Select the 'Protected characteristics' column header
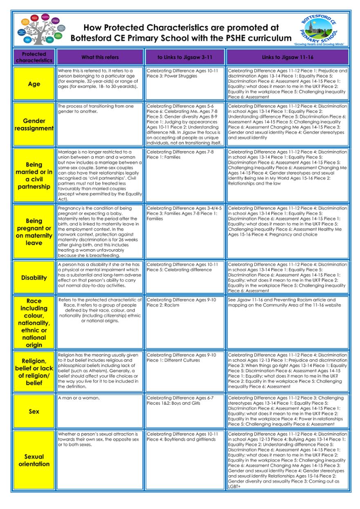click(34, 57)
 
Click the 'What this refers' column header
click(100, 57)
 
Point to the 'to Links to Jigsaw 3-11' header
click(185, 57)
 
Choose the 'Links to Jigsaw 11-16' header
click(287, 57)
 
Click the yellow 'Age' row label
click(34, 84)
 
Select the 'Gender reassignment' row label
click(34, 125)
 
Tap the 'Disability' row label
click(34, 278)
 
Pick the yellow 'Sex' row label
click(34, 411)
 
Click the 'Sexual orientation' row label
click(34, 460)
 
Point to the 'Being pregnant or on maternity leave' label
click(34, 232)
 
